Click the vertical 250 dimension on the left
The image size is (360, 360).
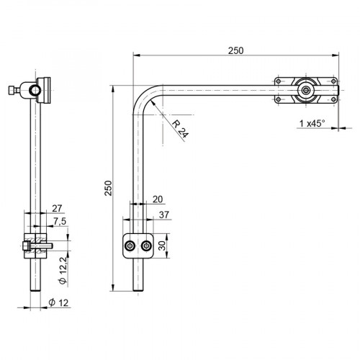[x=108, y=188]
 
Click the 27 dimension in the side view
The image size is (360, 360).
[x=58, y=209]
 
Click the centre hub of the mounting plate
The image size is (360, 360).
[x=307, y=91]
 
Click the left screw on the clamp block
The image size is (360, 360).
[x=130, y=247]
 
